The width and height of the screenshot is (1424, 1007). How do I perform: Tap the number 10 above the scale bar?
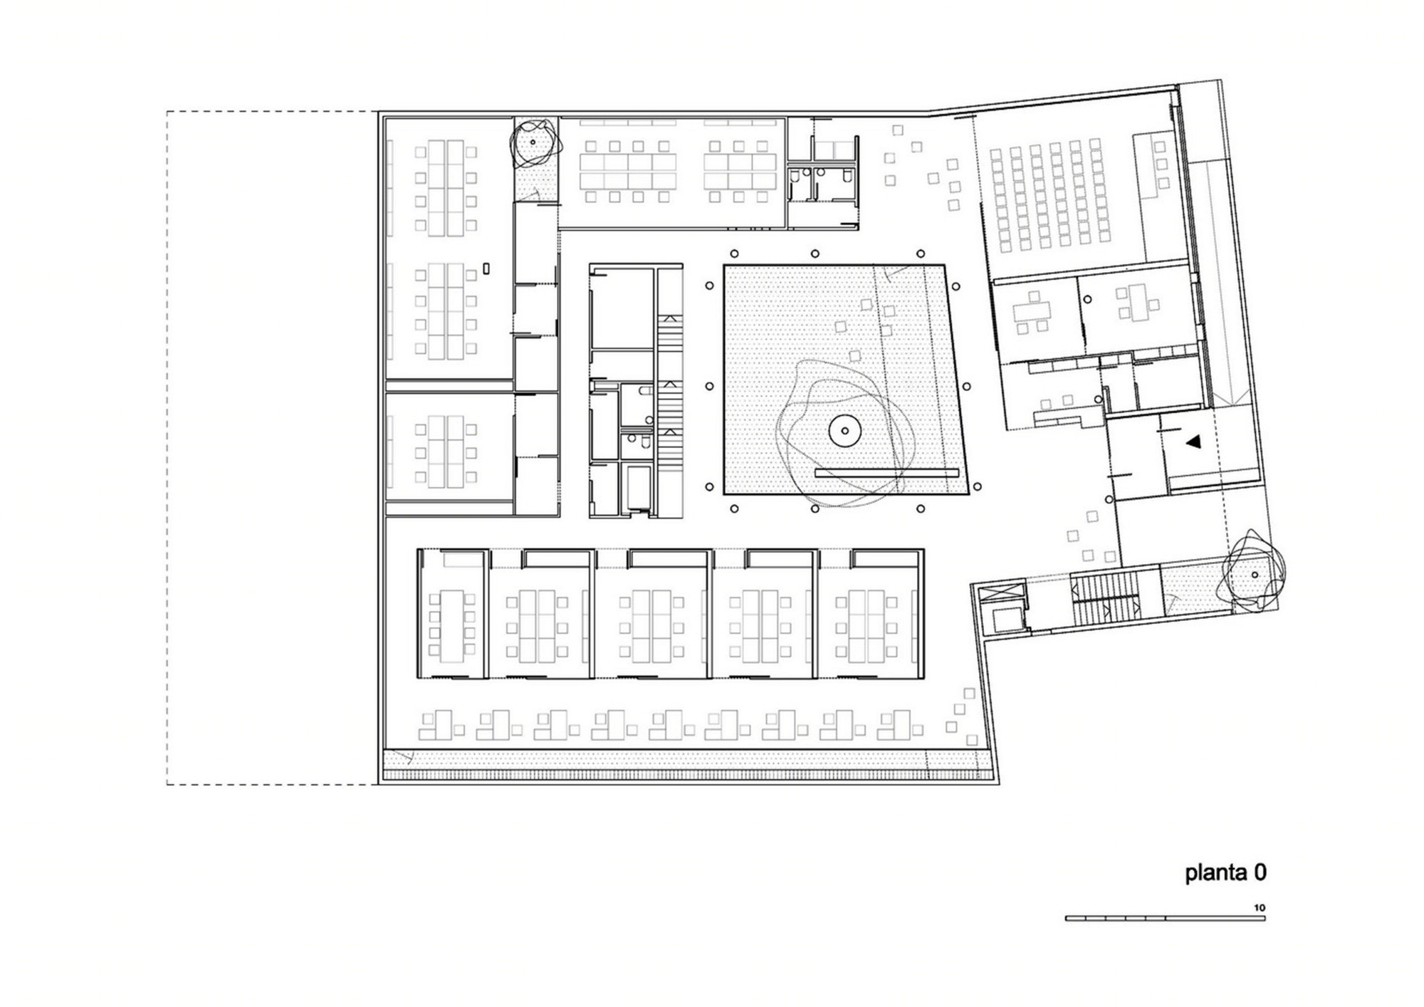(x=1260, y=908)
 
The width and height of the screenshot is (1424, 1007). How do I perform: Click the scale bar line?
(x=1165, y=918)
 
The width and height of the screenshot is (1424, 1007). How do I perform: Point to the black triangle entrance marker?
(x=1193, y=442)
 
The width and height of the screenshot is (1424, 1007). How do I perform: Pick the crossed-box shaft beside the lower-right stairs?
(x=1001, y=593)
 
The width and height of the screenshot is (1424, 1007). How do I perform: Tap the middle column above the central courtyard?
(x=815, y=254)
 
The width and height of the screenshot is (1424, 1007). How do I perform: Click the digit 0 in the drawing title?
(x=1260, y=873)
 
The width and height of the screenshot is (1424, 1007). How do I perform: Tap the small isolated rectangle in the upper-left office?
(x=486, y=268)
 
